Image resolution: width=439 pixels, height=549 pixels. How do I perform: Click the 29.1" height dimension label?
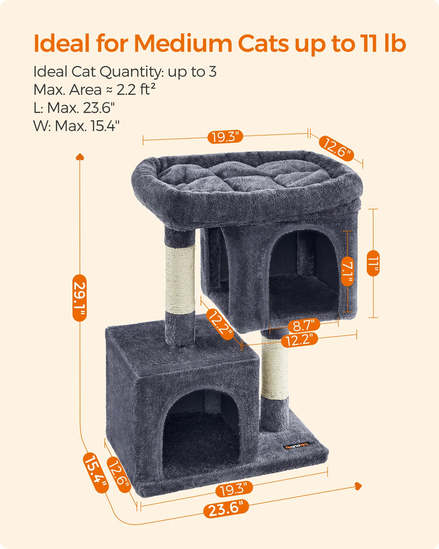pyautogui.click(x=79, y=298)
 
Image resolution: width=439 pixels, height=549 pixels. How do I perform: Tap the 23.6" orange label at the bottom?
pyautogui.click(x=226, y=508)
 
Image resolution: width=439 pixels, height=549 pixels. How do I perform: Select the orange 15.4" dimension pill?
pyautogui.click(x=95, y=473)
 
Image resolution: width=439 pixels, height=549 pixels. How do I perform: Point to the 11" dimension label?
pyautogui.click(x=373, y=263)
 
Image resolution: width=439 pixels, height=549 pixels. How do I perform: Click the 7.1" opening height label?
pyautogui.click(x=347, y=271)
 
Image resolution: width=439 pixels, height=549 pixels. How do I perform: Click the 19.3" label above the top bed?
pyautogui.click(x=225, y=137)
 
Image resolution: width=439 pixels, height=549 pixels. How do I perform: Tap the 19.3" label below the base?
pyautogui.click(x=234, y=489)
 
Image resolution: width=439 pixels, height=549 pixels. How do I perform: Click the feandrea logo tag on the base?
pyautogui.click(x=297, y=446)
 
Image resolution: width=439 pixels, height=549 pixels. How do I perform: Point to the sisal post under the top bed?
pyautogui.click(x=180, y=279)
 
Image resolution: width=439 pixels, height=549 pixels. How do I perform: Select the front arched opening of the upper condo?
pyautogui.click(x=303, y=272)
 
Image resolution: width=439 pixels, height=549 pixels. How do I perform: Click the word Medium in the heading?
pyautogui.click(x=183, y=43)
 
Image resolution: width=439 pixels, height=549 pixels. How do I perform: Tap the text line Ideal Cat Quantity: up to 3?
pyautogui.click(x=125, y=72)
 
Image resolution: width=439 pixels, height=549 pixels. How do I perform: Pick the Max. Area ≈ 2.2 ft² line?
pyautogui.click(x=94, y=90)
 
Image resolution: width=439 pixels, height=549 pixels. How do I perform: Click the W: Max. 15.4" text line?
pyautogui.click(x=76, y=125)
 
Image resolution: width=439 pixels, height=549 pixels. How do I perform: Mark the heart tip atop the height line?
pyautogui.click(x=80, y=156)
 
